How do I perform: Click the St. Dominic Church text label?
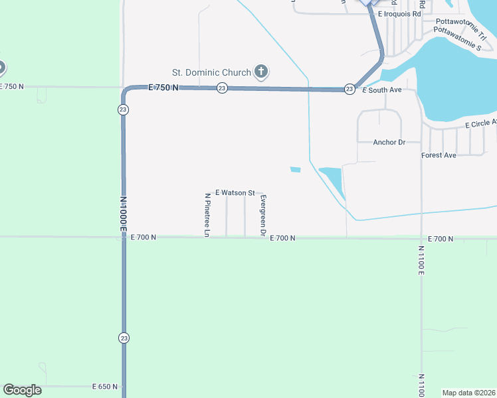tap(211, 72)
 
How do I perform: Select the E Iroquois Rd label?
tap(399, 14)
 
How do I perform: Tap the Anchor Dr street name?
tap(389, 142)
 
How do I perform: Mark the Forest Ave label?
tap(439, 155)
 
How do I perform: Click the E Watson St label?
tap(235, 192)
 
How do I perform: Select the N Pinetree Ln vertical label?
tap(207, 215)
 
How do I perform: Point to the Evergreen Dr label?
tap(263, 216)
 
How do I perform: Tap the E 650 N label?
tap(105, 386)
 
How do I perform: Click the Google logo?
tap(22, 390)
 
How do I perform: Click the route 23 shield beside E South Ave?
tap(349, 89)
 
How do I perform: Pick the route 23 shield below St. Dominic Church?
tap(222, 88)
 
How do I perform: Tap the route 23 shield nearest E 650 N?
tap(124, 338)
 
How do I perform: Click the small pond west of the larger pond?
tap(295, 170)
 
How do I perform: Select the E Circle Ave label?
tap(480, 123)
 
